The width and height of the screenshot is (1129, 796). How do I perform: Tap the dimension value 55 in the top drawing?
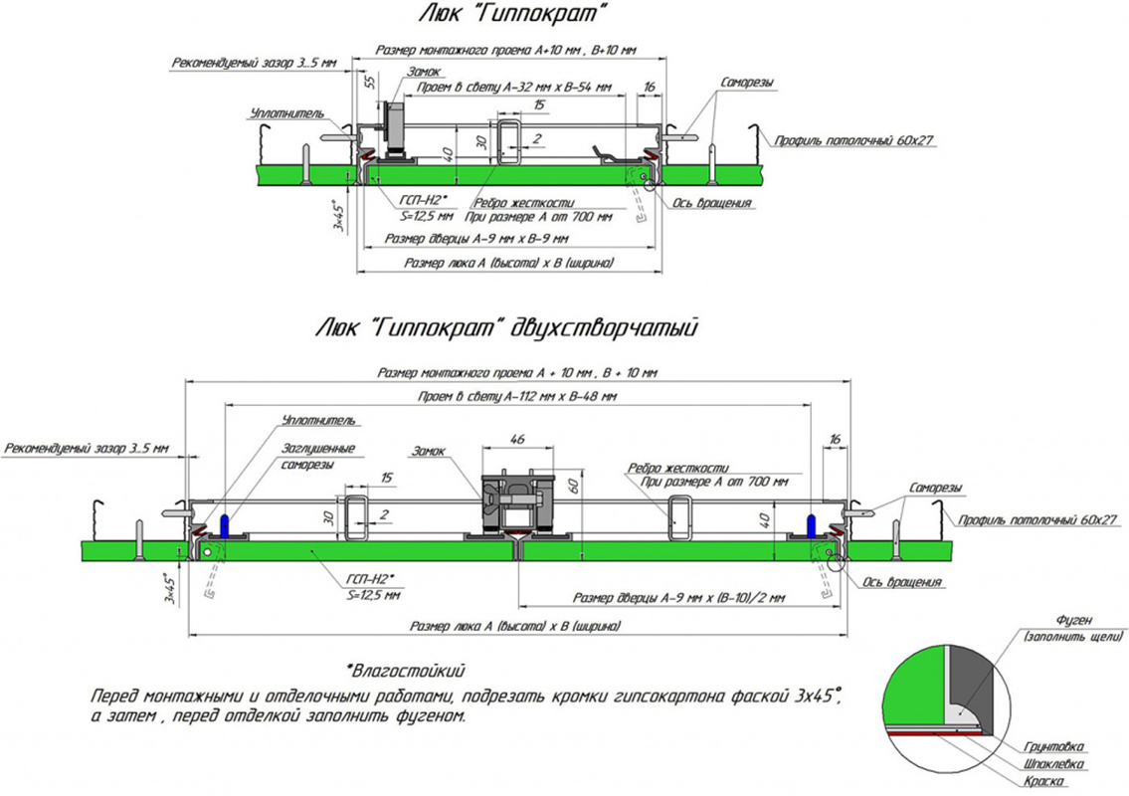point(369,82)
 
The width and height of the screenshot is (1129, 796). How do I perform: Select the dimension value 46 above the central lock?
point(516,439)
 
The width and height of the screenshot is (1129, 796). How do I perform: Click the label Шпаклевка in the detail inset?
point(1058,763)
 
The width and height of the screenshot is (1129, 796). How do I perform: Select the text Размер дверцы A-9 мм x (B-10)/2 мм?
point(679,598)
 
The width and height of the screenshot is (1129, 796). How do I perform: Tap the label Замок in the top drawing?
point(424,71)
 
